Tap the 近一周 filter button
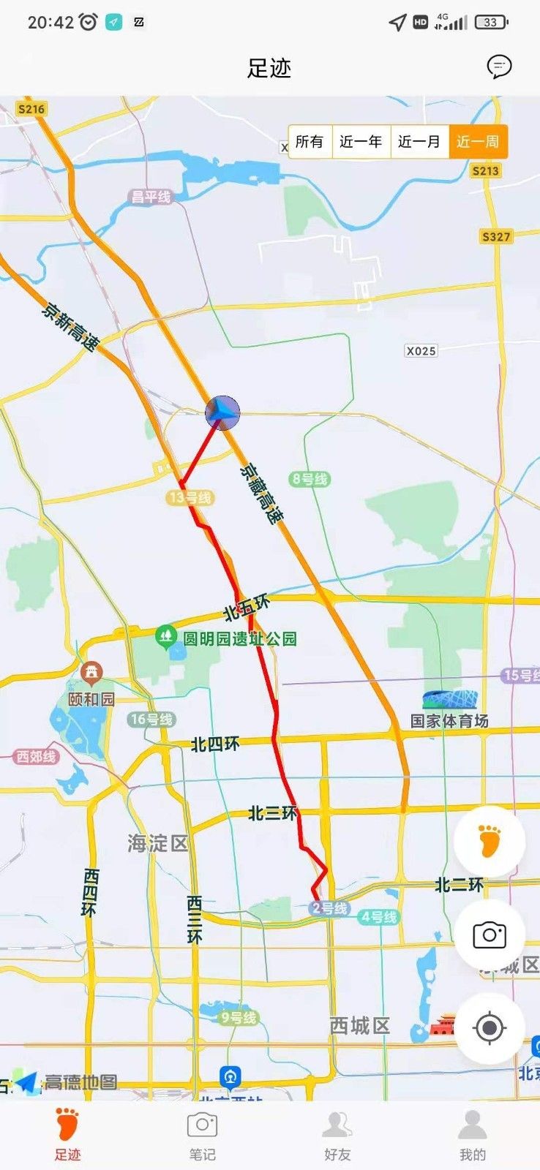click(478, 142)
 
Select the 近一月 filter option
click(419, 142)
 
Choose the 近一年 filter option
click(361, 142)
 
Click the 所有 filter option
click(310, 142)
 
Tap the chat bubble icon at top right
click(499, 67)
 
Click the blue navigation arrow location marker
click(222, 413)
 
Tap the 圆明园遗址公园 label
click(239, 639)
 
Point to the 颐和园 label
click(91, 699)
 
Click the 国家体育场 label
click(449, 721)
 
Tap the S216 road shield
click(31, 109)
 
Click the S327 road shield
click(496, 236)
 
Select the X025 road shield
click(421, 351)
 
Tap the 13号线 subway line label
click(190, 498)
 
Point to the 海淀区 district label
click(158, 843)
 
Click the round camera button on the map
click(490, 935)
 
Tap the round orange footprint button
click(490, 841)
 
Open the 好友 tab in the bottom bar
click(337, 1135)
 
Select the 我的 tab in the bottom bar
click(472, 1135)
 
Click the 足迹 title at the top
click(269, 68)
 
